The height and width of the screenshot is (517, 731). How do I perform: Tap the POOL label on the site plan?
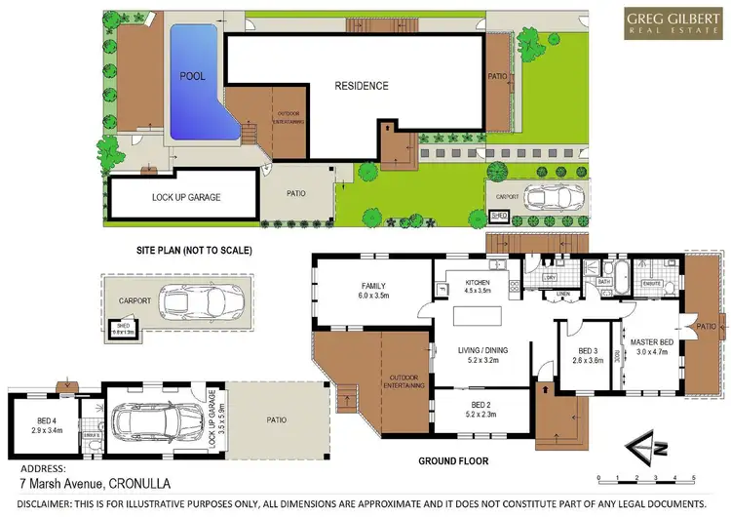click(x=190, y=75)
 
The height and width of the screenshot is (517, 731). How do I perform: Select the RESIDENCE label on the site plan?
click(x=362, y=86)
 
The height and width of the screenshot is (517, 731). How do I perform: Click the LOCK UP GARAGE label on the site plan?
click(x=186, y=197)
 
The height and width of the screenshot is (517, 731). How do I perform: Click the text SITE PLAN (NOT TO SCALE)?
click(x=194, y=251)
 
